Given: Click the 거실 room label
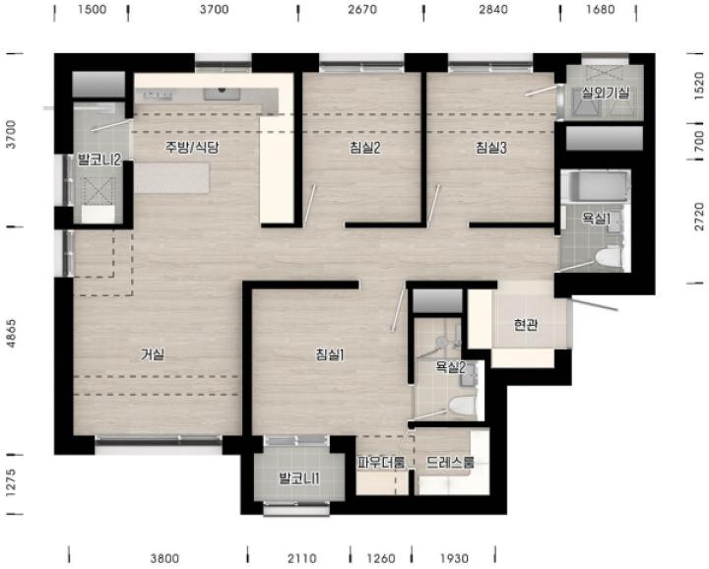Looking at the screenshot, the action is [x=153, y=354].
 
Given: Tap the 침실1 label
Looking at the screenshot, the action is [x=330, y=354].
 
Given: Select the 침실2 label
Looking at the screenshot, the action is [x=364, y=148].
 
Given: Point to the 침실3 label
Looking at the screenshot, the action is [x=491, y=148].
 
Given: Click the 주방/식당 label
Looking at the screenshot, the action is [x=192, y=148].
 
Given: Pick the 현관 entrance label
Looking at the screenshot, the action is [x=526, y=325].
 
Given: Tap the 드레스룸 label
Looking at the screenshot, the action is [x=450, y=462].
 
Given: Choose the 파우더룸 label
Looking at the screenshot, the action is [x=381, y=462].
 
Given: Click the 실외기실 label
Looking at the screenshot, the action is [x=605, y=94].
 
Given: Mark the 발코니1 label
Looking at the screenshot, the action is [x=299, y=478].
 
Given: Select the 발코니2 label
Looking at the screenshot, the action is [x=99, y=159].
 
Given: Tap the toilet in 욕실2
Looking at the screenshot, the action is [x=462, y=406].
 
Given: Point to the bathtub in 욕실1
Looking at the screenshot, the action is [x=597, y=185].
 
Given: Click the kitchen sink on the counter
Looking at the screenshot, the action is [x=222, y=94].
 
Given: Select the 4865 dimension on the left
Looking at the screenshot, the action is [x=12, y=334].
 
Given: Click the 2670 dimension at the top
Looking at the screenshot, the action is [x=362, y=10].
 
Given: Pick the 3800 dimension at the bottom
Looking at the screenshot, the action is [x=164, y=559].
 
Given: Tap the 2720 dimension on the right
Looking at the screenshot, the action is [x=699, y=217].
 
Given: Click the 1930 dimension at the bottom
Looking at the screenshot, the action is [x=454, y=559].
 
